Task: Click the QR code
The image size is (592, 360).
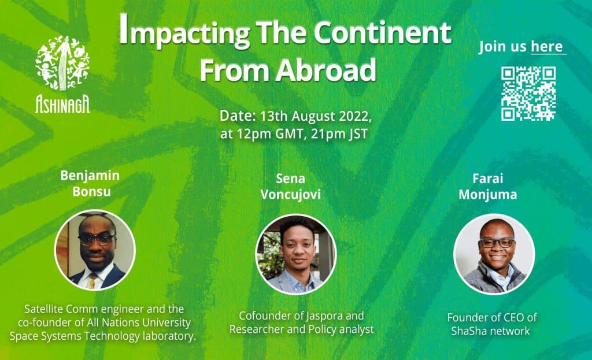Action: pyautogui.click(x=528, y=93)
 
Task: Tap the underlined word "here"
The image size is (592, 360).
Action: pyautogui.click(x=546, y=47)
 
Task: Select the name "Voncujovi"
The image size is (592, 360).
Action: pyautogui.click(x=290, y=194)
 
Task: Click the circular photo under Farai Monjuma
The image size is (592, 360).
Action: pyautogui.click(x=494, y=254)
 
